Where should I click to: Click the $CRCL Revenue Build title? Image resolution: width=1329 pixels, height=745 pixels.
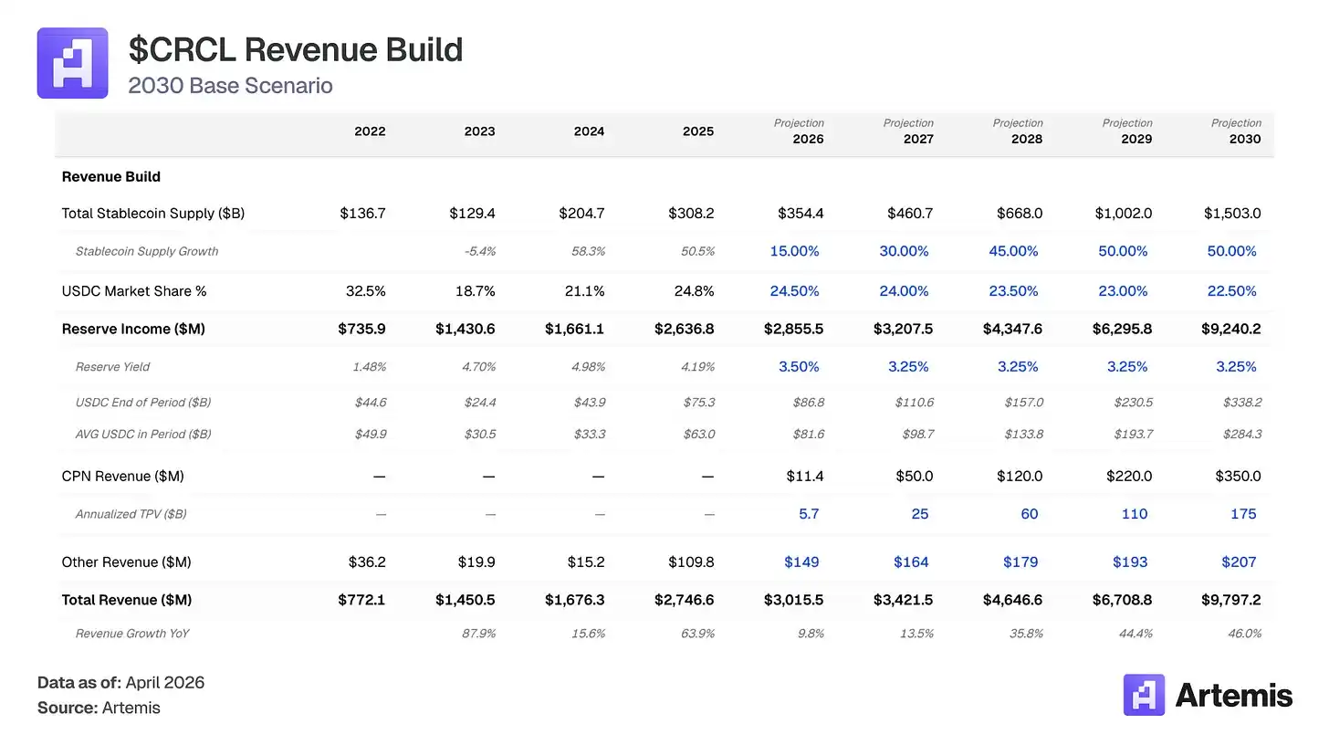[295, 49]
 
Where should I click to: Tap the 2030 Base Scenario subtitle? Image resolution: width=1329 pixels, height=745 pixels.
[230, 86]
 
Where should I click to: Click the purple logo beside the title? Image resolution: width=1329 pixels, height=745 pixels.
[72, 63]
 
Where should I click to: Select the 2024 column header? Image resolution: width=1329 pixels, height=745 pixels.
[589, 131]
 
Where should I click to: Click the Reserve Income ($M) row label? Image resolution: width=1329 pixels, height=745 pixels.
[133, 329]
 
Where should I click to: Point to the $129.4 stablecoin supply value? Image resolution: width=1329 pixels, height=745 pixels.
[472, 214]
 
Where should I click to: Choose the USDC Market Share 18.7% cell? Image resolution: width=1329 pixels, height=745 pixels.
[476, 291]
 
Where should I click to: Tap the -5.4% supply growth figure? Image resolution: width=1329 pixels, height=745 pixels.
[479, 251]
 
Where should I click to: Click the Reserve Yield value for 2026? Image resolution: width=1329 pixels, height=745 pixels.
[799, 367]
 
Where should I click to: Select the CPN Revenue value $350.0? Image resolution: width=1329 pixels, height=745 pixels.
[1238, 477]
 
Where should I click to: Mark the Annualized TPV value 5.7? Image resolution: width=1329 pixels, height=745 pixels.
[809, 514]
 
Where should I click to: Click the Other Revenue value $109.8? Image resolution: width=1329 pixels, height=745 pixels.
[691, 562]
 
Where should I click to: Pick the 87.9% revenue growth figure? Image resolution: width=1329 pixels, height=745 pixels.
[478, 634]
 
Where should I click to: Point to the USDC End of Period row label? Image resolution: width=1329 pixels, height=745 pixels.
[143, 403]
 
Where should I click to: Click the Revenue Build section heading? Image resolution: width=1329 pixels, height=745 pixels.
[110, 177]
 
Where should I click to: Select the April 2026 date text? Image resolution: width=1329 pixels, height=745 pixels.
[165, 683]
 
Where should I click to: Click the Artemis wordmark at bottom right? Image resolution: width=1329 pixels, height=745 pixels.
[1233, 696]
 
